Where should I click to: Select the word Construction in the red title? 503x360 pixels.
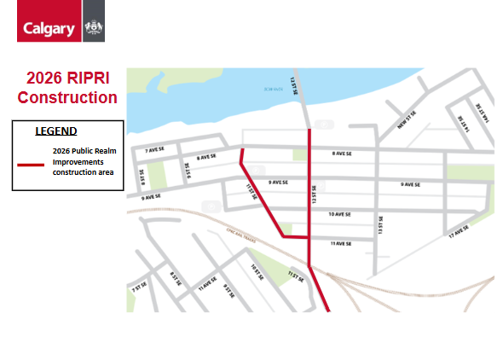pos(67,97)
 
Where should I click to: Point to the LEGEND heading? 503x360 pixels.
pos(55,131)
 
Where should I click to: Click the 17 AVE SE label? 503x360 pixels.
pos(458,231)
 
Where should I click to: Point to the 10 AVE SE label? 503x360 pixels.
pos(341,214)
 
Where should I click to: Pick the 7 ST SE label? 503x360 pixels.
pos(136,287)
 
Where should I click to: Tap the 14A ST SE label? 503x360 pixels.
pos(478,113)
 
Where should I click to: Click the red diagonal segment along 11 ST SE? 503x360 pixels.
pos(262,198)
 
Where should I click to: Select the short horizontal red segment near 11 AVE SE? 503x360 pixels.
pos(295,238)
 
